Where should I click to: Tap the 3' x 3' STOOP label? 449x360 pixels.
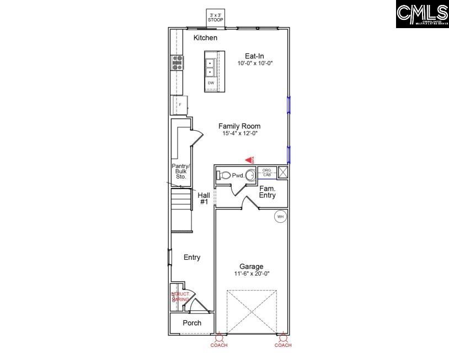point(215,17)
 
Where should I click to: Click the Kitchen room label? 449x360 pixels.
point(205,38)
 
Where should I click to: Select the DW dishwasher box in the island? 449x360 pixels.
point(211,83)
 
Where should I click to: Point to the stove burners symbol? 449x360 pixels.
point(178,62)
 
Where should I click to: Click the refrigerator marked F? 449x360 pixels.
point(180,104)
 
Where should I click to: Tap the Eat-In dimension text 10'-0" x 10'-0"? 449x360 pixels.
point(255,63)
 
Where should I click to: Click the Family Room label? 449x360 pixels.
point(239,126)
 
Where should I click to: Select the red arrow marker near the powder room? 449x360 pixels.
point(249,160)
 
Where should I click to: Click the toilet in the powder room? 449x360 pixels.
point(223,175)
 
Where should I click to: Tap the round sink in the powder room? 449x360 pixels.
point(250,175)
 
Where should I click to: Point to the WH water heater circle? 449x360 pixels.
point(280,217)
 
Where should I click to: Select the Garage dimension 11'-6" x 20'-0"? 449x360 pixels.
point(251,273)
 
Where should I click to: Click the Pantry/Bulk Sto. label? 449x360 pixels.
point(181,171)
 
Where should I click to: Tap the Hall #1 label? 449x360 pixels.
point(204,198)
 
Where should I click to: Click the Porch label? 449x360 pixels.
point(191,323)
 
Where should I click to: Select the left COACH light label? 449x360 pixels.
point(219,345)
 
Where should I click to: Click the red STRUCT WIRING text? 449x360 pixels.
point(180,297)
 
